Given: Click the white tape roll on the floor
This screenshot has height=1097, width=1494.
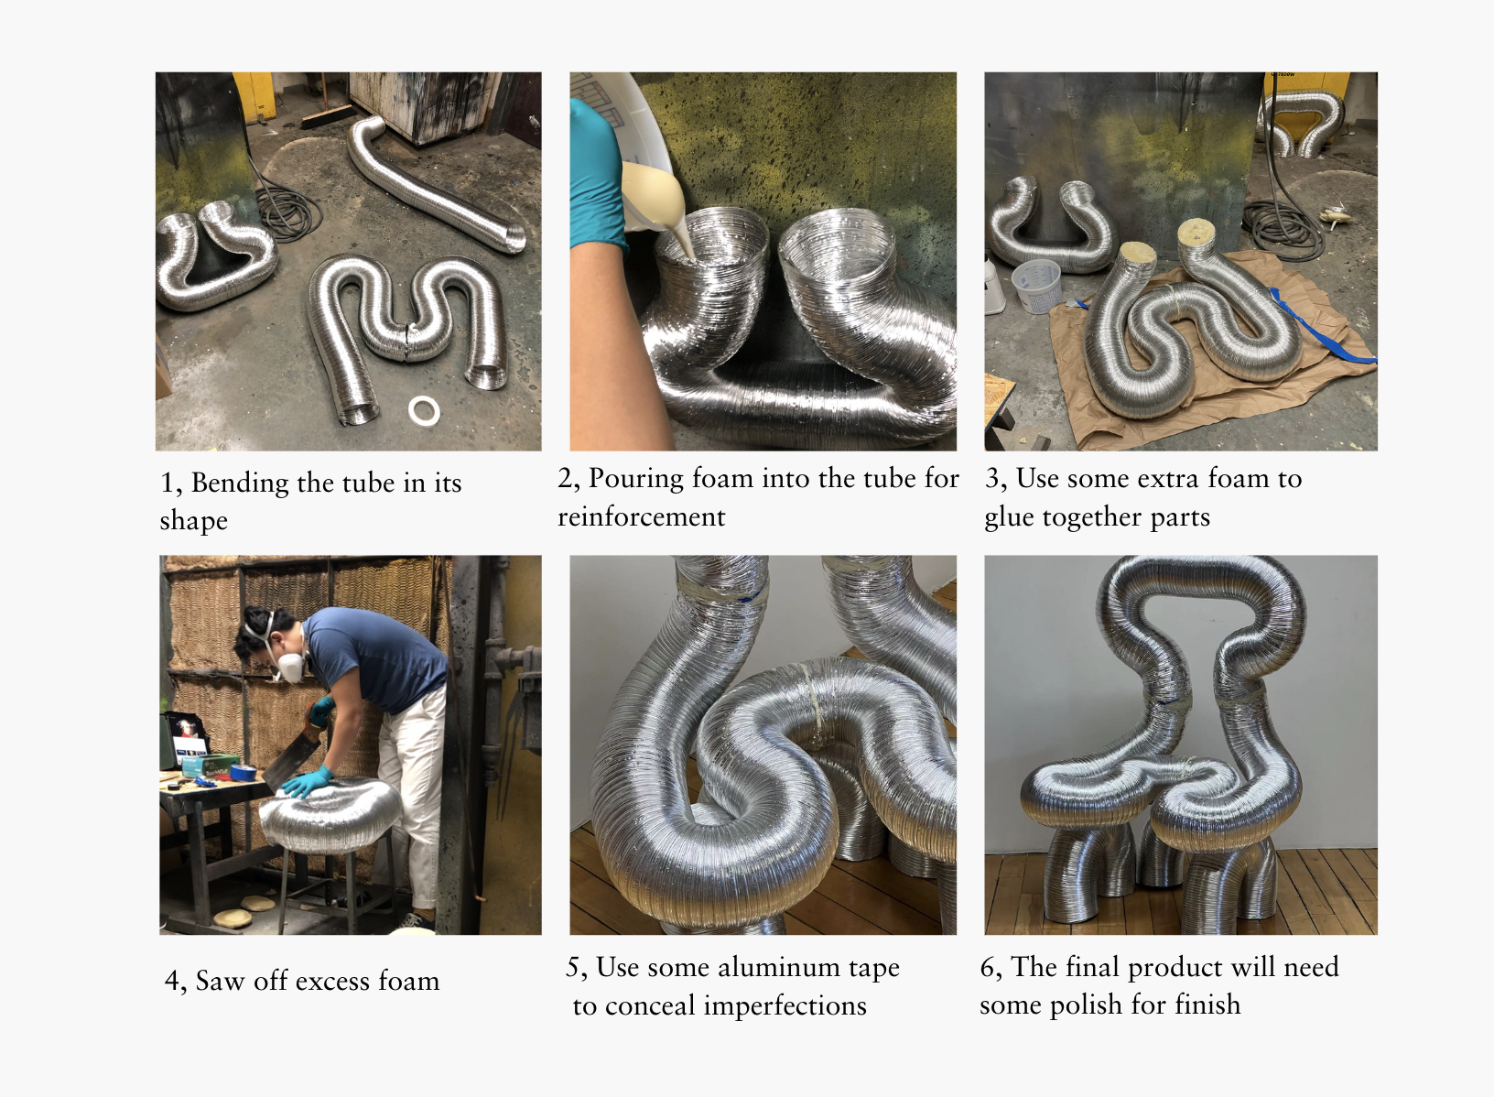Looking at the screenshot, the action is click(424, 411).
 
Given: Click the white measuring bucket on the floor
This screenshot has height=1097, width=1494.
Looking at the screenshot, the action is click(1035, 287).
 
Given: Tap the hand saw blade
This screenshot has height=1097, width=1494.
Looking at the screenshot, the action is click(292, 763).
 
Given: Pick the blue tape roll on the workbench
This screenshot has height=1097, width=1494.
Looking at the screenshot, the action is click(243, 772).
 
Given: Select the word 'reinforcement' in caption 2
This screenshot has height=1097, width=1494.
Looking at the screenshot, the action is click(641, 517).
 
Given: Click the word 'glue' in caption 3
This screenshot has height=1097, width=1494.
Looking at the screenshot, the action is click(1010, 517).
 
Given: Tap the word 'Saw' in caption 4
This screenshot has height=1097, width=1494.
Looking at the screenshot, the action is click(220, 981).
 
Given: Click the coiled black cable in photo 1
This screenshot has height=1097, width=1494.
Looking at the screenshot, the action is click(288, 212).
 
